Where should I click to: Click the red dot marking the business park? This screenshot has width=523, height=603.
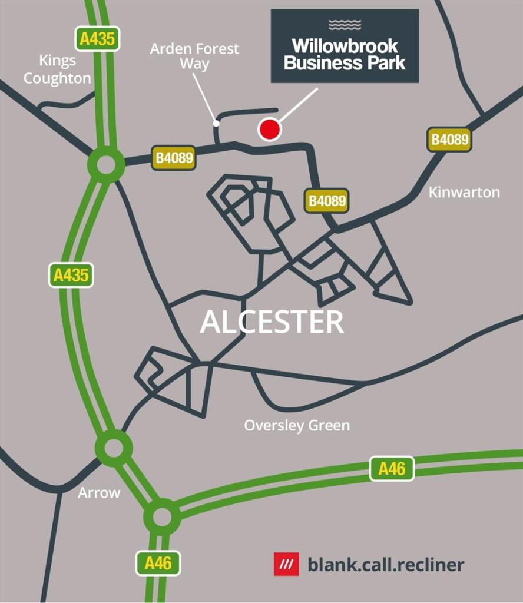269,130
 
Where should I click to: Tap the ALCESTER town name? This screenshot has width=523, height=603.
272,322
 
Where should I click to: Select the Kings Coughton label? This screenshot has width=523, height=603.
58,69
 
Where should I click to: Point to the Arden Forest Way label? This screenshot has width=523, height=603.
194,56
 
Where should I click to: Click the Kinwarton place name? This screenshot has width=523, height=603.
464,192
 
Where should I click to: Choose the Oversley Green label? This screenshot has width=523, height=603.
297,425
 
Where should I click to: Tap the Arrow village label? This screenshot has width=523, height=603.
99,493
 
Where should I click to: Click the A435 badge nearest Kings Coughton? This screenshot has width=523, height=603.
98,39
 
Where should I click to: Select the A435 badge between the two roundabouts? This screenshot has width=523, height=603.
71,275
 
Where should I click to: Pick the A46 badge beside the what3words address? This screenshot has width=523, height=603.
158,564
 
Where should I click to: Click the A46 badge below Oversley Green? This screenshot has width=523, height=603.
392,469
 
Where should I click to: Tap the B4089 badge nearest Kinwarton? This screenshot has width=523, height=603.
450,140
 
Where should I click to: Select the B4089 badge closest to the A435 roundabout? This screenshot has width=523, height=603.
174,158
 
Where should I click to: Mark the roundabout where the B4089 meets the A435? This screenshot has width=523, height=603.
106,165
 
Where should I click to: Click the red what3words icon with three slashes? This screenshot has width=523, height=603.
286,564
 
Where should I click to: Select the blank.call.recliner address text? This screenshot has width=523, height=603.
386,565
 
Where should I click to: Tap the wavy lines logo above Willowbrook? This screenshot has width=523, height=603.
345,25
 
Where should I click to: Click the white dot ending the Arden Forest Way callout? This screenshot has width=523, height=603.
217,124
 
